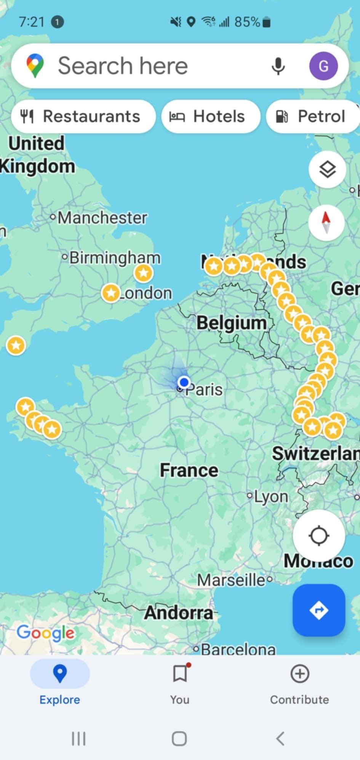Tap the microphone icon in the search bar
point(278,66)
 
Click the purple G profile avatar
point(323,66)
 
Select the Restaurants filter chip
point(83,116)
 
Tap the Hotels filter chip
point(211,116)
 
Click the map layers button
point(327,169)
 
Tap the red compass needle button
point(326,222)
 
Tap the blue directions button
point(318,610)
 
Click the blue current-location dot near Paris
point(184,382)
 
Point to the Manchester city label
point(102,218)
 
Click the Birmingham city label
point(115,258)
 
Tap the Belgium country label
point(232,323)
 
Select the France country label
point(189,470)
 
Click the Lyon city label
point(271,496)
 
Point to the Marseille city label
point(231,580)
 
